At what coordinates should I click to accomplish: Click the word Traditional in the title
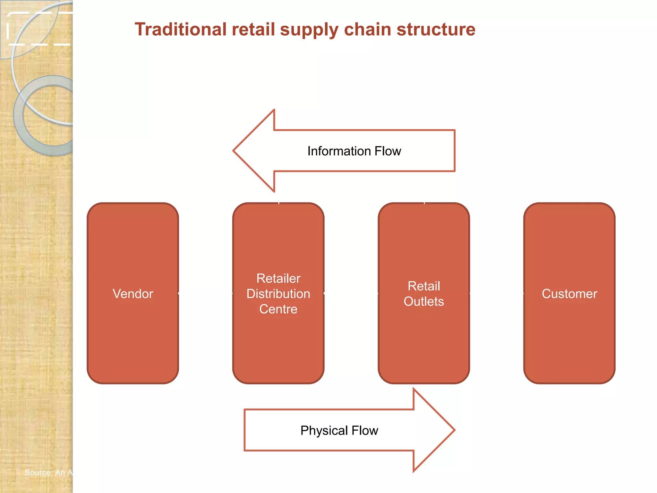180,30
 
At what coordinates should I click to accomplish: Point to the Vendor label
133,294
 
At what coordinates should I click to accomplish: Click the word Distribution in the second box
278,294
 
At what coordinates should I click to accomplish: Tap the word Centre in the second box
278,309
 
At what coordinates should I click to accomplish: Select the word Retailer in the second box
278,278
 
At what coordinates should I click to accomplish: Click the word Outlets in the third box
424,301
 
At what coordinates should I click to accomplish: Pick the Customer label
569,294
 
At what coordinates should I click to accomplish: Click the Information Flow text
354,151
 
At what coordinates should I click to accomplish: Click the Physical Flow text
339,430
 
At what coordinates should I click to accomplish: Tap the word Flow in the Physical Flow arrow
365,430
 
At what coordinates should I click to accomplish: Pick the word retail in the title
253,30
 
